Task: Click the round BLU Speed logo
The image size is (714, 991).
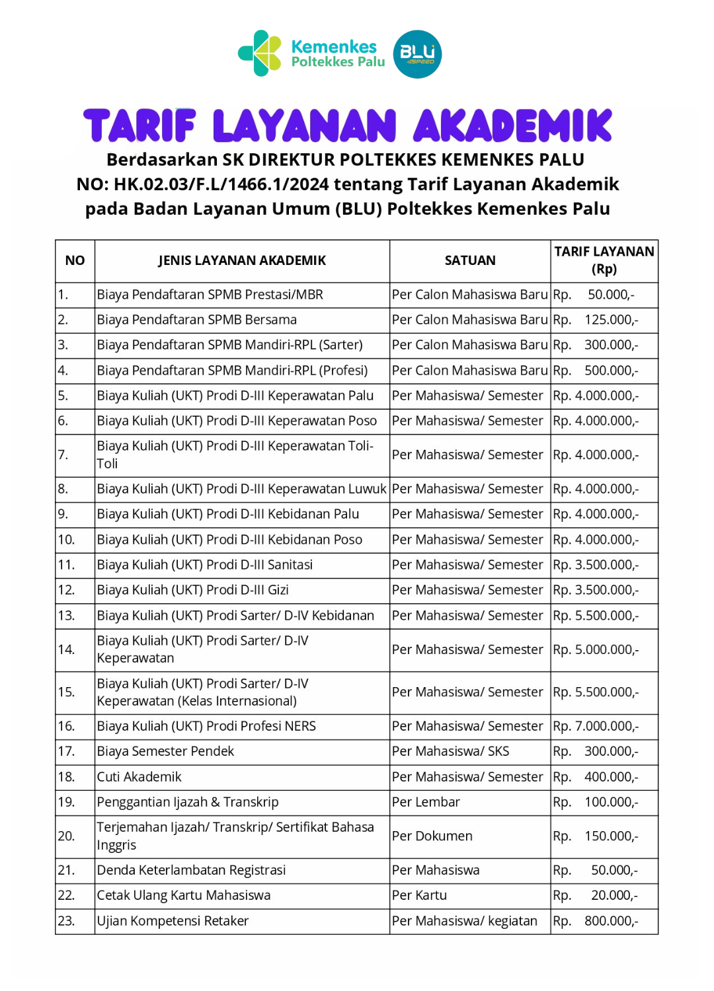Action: click(x=417, y=54)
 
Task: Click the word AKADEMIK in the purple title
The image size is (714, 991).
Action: click(x=513, y=126)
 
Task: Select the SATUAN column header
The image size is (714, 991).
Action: click(x=470, y=260)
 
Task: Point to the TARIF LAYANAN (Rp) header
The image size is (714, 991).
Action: click(x=604, y=260)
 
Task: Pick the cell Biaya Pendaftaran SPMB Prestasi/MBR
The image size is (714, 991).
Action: click(x=210, y=295)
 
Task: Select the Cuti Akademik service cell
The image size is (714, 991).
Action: click(x=139, y=777)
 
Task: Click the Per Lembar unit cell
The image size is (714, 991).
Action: click(x=426, y=802)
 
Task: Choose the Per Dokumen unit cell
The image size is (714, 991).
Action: click(x=432, y=836)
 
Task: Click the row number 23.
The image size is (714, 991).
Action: click(x=66, y=921)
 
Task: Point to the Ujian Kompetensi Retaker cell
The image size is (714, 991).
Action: click(x=173, y=921)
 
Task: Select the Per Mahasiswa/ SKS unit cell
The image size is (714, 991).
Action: click(x=451, y=751)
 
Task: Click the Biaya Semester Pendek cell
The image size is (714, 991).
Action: click(x=166, y=751)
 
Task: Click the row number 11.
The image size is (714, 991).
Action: click(x=66, y=565)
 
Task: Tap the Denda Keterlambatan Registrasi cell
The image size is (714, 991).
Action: click(x=192, y=870)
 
